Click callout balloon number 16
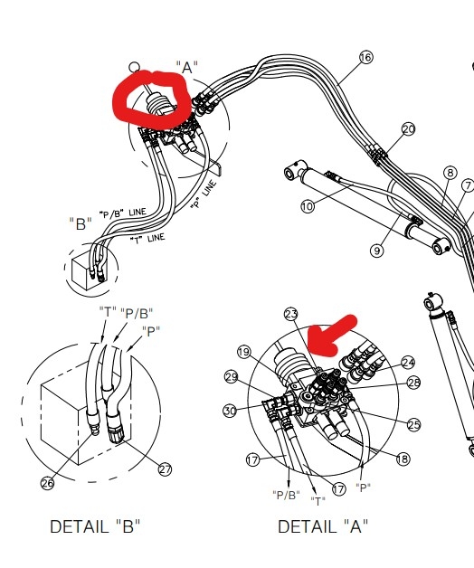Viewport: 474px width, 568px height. [x=366, y=57]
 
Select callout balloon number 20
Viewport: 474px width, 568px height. [x=408, y=129]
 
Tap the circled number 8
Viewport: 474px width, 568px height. [x=450, y=173]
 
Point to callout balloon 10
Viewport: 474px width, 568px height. [x=308, y=206]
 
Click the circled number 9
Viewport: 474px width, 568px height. [x=377, y=251]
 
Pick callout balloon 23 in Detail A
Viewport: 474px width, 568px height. [x=291, y=315]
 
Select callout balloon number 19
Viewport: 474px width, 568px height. [x=244, y=352]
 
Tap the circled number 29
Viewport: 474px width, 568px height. [x=232, y=377]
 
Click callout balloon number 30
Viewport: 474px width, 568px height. [x=230, y=411]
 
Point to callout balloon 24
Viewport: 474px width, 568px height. [x=408, y=363]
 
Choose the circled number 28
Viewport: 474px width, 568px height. [x=413, y=383]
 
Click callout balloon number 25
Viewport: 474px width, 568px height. [x=413, y=424]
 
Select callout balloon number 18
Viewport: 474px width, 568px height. [x=403, y=459]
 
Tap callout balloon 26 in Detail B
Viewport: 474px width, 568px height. [x=48, y=483]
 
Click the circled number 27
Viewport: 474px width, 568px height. [x=165, y=469]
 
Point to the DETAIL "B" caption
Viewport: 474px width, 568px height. [x=95, y=526]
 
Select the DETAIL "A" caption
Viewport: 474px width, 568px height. [x=323, y=526]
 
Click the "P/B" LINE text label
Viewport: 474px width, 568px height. [x=123, y=213]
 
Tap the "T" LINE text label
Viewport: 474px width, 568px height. [x=147, y=239]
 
